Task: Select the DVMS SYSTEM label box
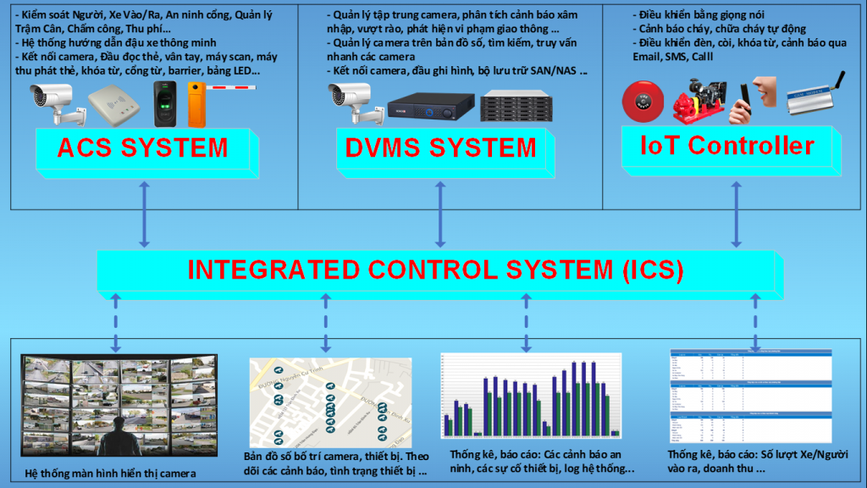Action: pyautogui.click(x=440, y=147)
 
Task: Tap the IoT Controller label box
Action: pyautogui.click(x=727, y=145)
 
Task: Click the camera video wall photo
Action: pyautogui.click(x=119, y=404)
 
